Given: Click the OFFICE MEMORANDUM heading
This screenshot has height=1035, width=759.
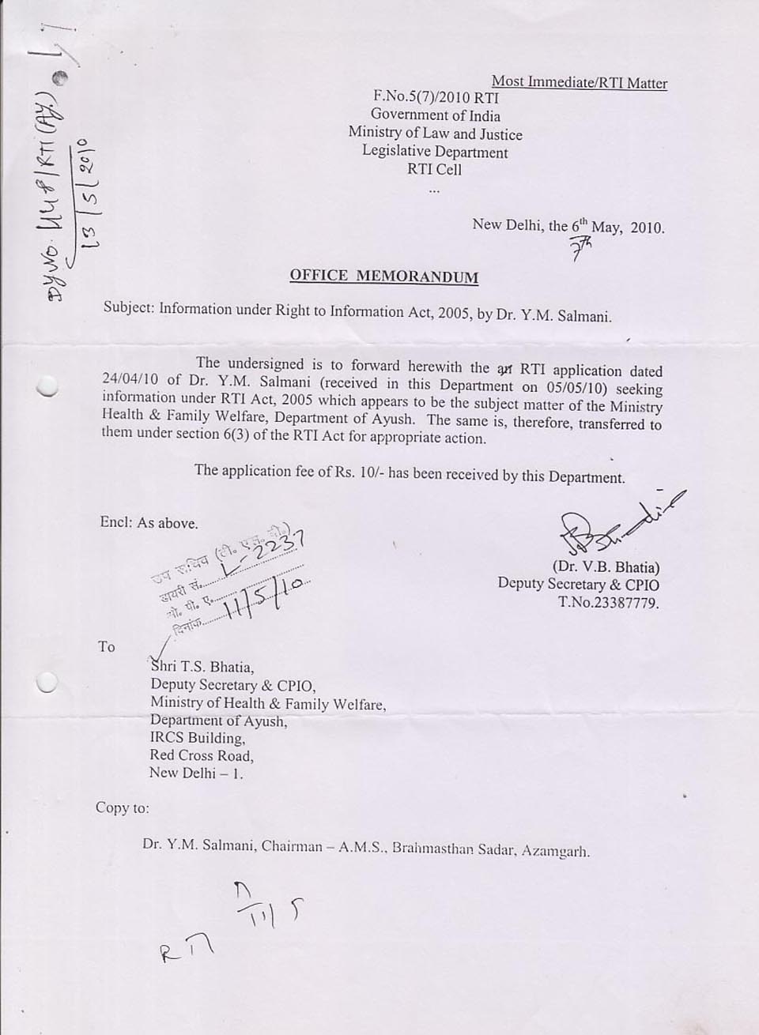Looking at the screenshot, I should (383, 276).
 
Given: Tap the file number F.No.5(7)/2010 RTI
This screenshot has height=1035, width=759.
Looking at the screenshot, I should (436, 98).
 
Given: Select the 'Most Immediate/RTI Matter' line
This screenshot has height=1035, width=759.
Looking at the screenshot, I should (579, 82).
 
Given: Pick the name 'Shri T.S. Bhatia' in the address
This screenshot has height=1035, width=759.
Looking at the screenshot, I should (202, 667).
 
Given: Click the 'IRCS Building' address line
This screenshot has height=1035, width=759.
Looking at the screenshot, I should (198, 738).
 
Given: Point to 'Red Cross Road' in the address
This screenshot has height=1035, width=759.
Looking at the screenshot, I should (202, 755).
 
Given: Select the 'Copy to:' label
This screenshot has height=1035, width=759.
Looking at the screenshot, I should (122, 807).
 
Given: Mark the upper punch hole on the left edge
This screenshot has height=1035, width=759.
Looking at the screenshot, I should (48, 385).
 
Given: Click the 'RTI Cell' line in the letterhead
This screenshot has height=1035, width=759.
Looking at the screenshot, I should (434, 169).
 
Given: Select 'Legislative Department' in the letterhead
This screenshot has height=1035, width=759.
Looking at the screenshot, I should (435, 152).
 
